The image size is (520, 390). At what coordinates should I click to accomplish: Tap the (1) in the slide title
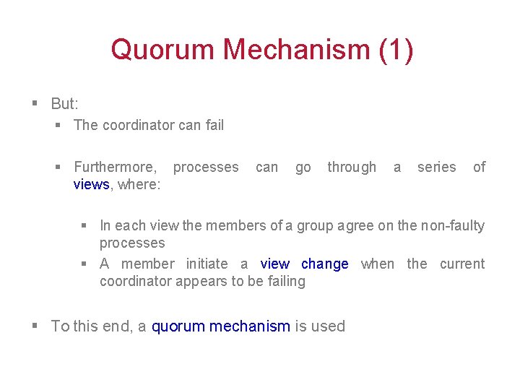click(x=396, y=50)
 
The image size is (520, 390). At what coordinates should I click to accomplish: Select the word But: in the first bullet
click(x=64, y=104)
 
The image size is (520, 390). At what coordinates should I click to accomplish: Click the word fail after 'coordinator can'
click(x=214, y=125)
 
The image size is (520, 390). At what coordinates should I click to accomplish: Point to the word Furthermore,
click(x=115, y=167)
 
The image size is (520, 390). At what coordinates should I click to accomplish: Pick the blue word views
click(x=91, y=184)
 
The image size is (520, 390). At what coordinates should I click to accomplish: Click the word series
click(x=436, y=167)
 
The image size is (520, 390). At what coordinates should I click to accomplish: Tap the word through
click(x=352, y=167)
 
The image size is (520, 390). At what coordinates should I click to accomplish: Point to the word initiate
click(x=207, y=264)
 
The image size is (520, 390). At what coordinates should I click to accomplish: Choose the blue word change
click(x=324, y=264)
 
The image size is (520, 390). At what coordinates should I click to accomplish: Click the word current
click(x=462, y=264)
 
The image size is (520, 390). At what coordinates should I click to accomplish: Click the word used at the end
click(x=328, y=326)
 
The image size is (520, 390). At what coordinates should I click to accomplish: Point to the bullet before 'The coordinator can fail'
click(x=59, y=125)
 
